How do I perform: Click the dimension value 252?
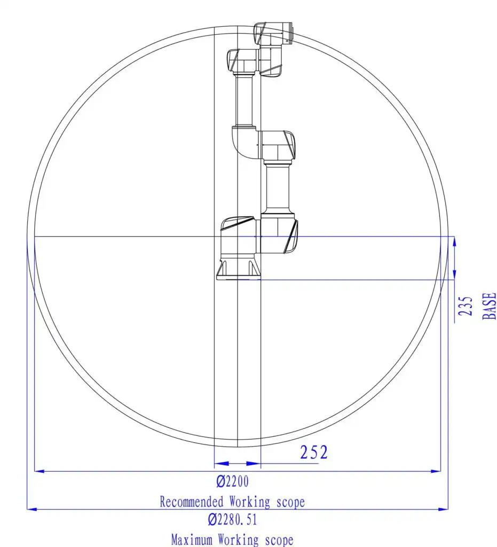[x=314, y=452]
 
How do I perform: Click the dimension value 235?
[x=466, y=306]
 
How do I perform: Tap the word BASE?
[x=489, y=306]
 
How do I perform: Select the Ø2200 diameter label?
[x=232, y=481]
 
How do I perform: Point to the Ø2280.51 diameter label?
[x=232, y=519]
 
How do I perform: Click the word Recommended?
[x=191, y=502]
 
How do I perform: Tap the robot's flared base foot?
[x=238, y=269]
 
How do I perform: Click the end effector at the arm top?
[x=274, y=33]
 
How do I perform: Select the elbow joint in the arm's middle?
[x=263, y=144]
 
